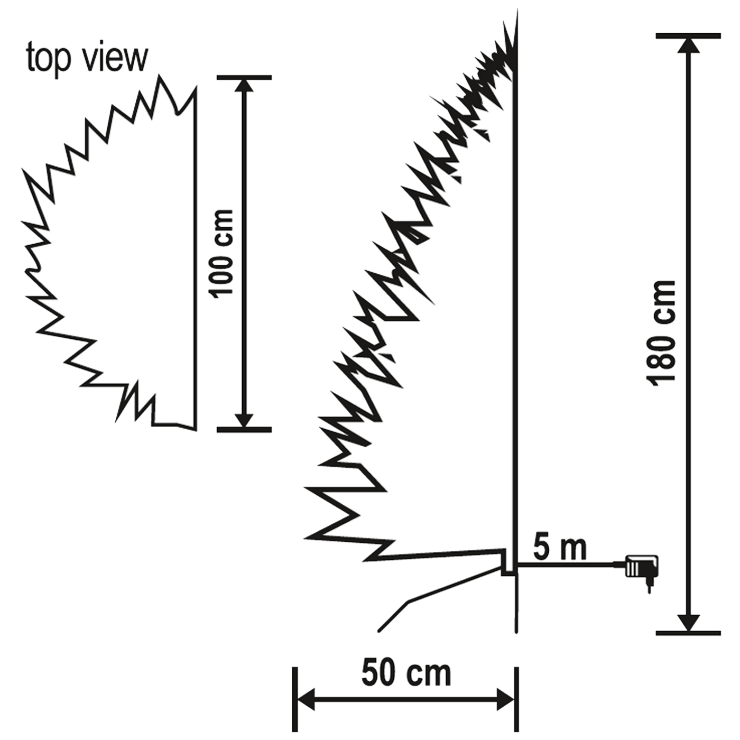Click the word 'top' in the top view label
(x=49, y=58)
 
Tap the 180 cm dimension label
(x=662, y=333)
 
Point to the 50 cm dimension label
(x=406, y=673)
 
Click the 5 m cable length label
(x=559, y=548)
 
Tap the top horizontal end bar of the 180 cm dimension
(x=688, y=35)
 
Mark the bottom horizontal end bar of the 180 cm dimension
(x=688, y=633)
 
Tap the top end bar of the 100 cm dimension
(x=244, y=78)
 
